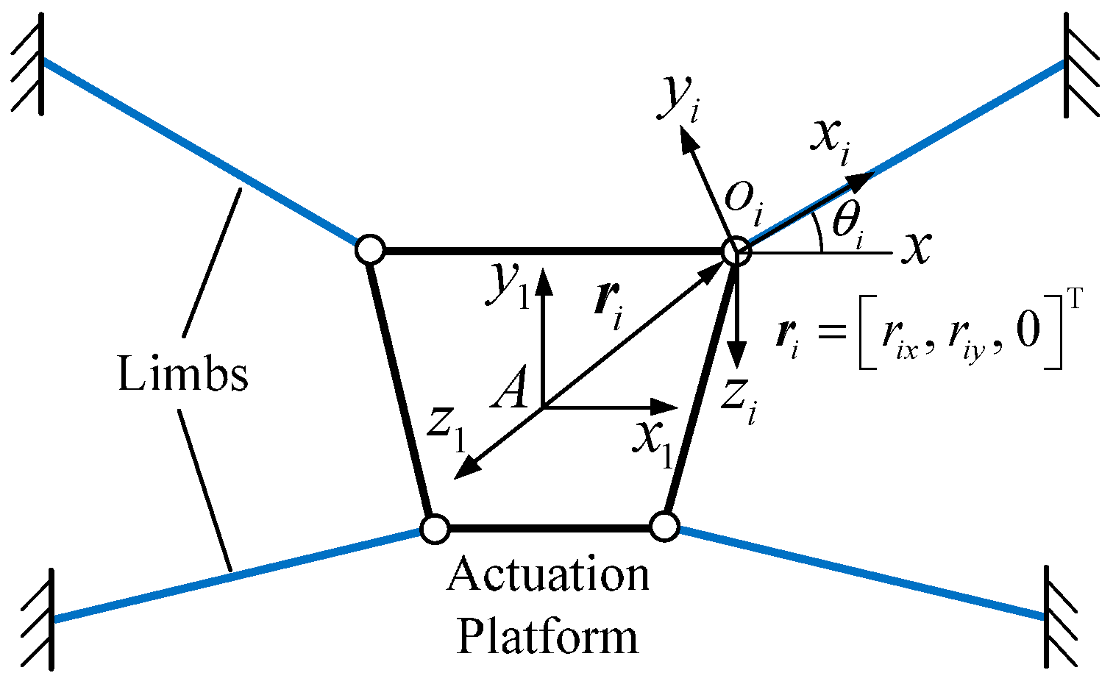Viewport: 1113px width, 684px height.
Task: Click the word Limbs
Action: tap(182, 374)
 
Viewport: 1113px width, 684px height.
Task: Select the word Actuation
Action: tap(548, 574)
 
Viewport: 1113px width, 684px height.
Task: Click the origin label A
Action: tap(511, 390)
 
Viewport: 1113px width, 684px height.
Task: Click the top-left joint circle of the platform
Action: tap(370, 250)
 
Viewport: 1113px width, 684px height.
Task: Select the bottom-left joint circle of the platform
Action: tap(434, 528)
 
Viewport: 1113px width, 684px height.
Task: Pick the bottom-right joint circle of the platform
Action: tap(664, 527)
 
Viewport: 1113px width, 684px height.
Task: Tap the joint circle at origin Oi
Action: tap(734, 252)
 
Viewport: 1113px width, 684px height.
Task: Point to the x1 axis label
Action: tap(653, 443)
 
